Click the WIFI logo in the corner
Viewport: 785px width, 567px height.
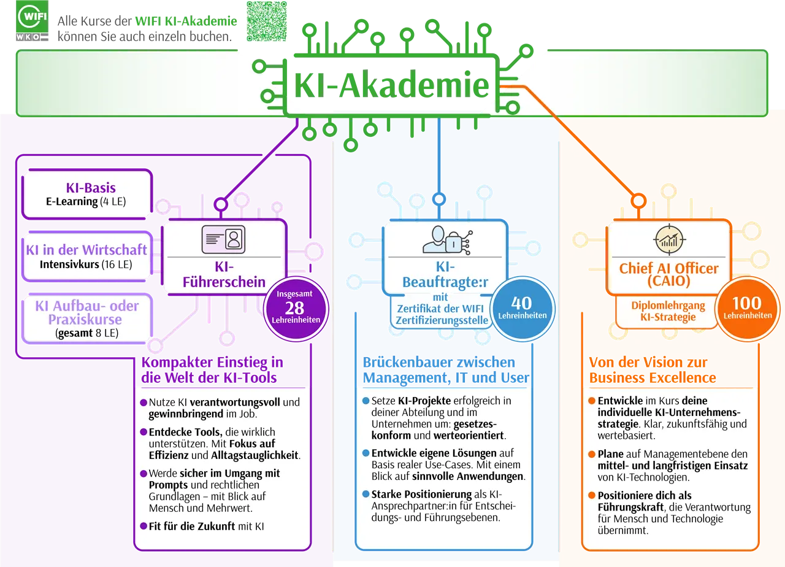(x=32, y=21)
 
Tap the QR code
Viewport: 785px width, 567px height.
(x=266, y=21)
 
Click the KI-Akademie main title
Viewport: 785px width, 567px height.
(x=391, y=85)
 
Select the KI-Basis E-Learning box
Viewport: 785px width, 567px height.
(x=87, y=195)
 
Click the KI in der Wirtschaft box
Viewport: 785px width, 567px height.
(x=87, y=256)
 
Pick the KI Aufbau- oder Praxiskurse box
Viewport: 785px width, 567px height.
(x=87, y=318)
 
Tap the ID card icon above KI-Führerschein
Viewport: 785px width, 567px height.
(x=223, y=239)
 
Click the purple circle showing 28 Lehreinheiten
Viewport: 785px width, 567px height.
(x=296, y=309)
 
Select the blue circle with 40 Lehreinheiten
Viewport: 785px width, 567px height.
(x=522, y=309)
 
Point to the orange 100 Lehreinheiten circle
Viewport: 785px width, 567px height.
(x=748, y=309)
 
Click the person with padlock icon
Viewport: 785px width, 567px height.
(x=447, y=240)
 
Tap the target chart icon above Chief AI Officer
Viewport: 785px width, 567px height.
(x=669, y=239)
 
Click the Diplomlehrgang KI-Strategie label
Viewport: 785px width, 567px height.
(x=668, y=311)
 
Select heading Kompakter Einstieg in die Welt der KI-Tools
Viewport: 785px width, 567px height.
(x=212, y=369)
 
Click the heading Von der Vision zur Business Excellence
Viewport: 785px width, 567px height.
(x=652, y=369)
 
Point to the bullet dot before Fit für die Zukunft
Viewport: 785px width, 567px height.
(x=144, y=526)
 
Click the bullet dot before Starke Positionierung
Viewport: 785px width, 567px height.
(x=366, y=494)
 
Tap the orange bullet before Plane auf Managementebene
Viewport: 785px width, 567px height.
(x=592, y=454)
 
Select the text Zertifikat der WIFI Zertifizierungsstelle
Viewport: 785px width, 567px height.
(x=442, y=315)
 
